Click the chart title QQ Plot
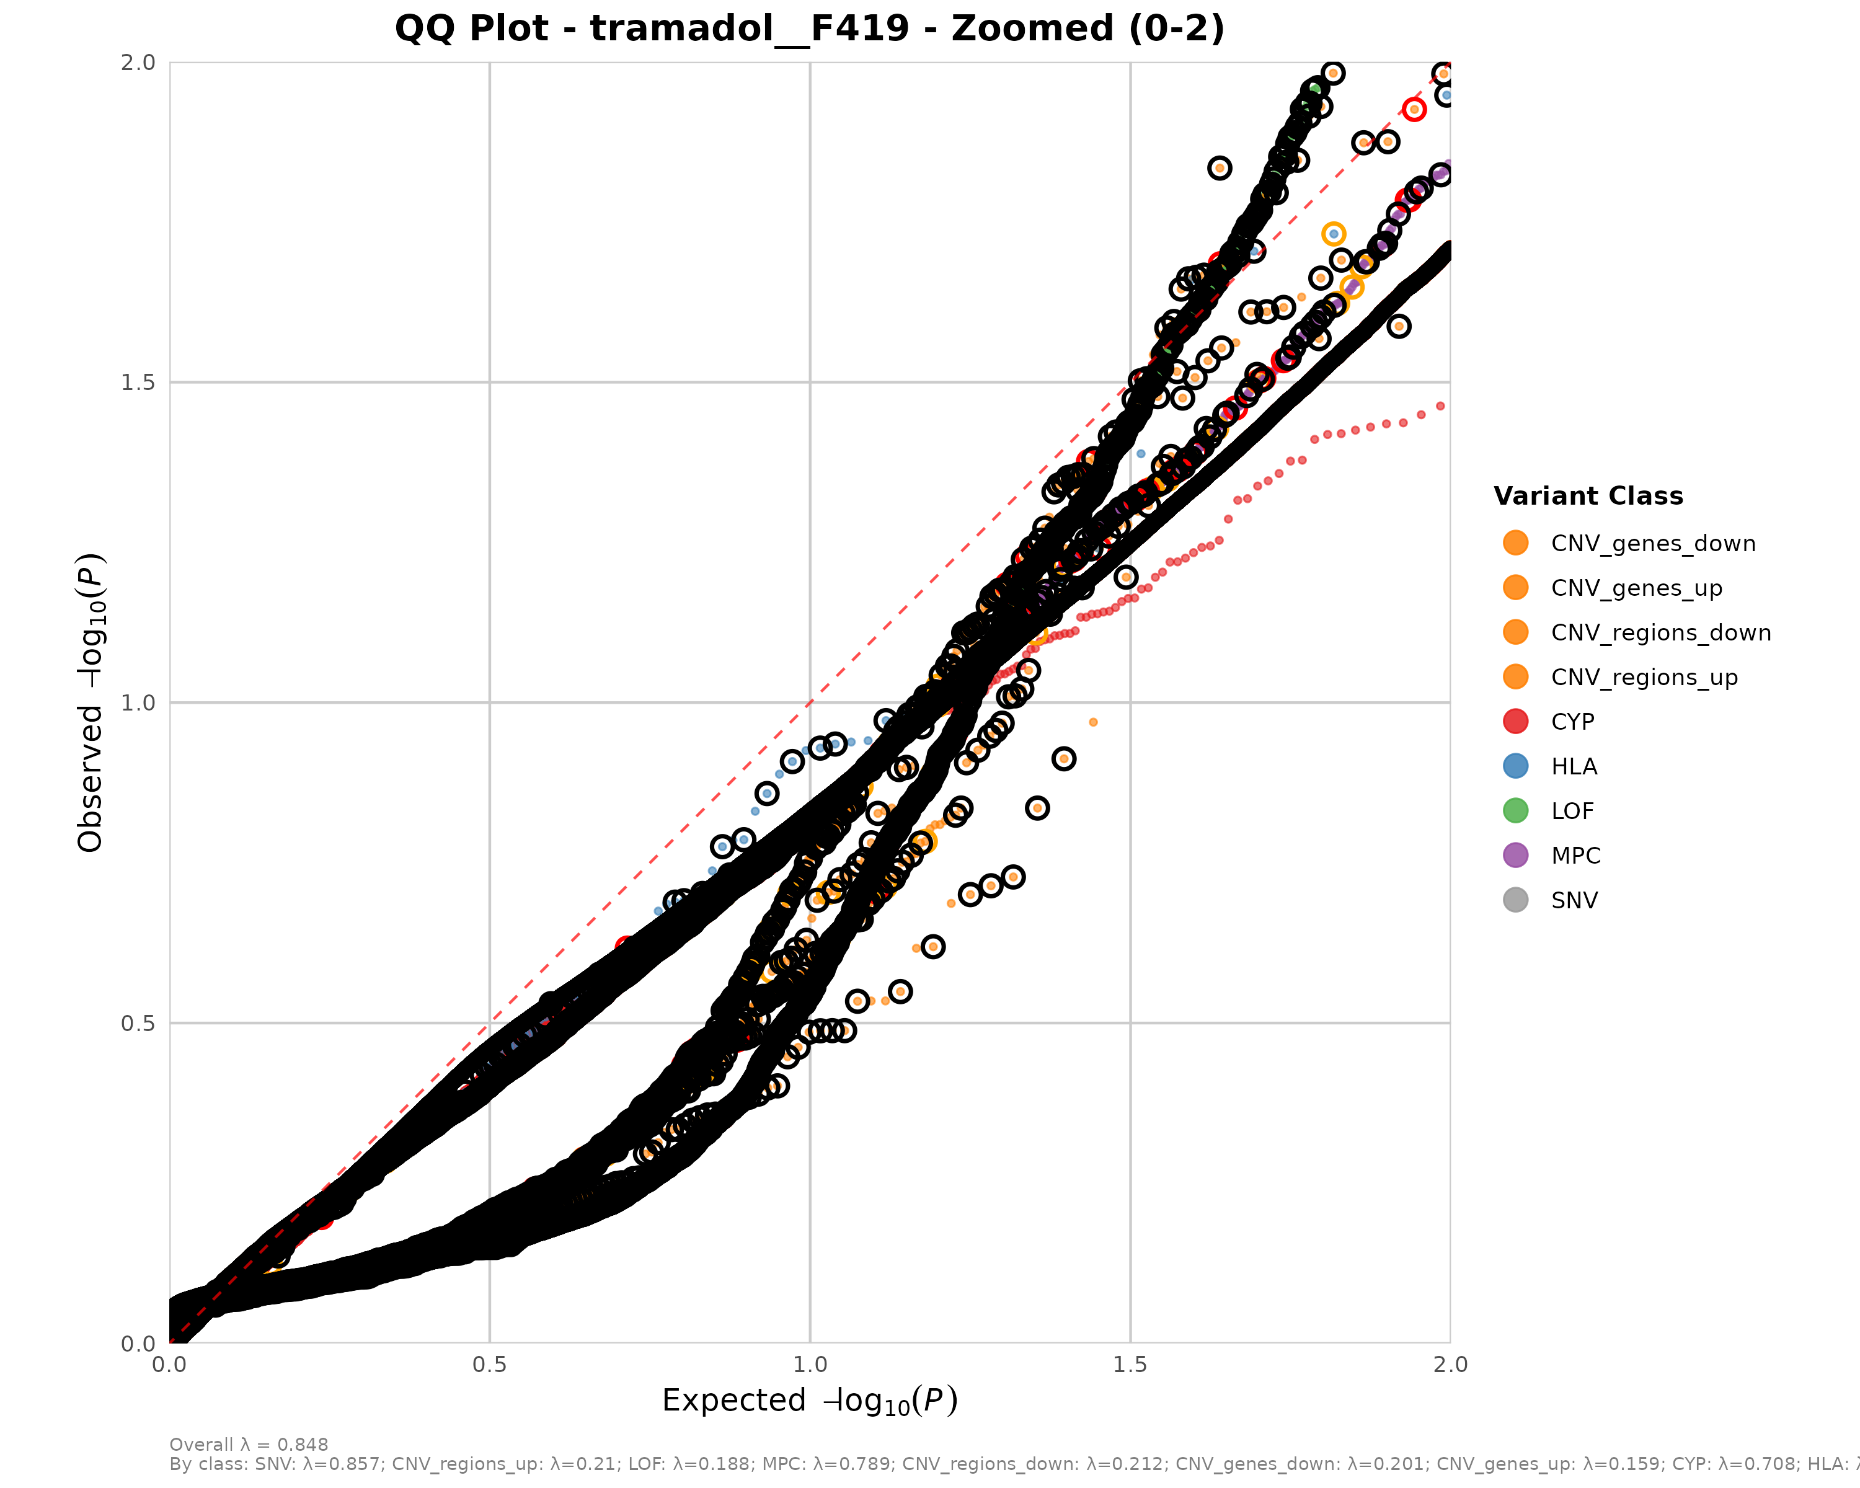click(809, 29)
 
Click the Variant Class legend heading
click(1588, 496)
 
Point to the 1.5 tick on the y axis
click(138, 382)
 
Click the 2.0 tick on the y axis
click(138, 62)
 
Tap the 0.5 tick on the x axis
click(490, 1365)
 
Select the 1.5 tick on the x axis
click(1130, 1365)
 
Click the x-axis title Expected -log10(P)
click(809, 1401)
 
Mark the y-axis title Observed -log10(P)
click(91, 702)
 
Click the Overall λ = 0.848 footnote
click(249, 1445)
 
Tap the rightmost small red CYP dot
click(1440, 405)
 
